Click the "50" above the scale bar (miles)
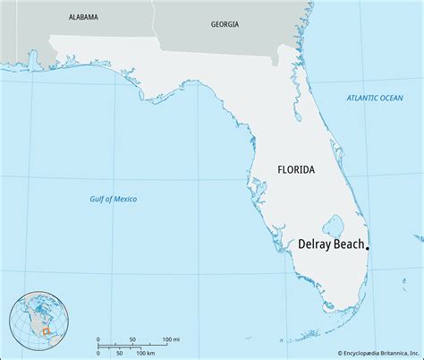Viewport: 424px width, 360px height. tap(132, 339)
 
